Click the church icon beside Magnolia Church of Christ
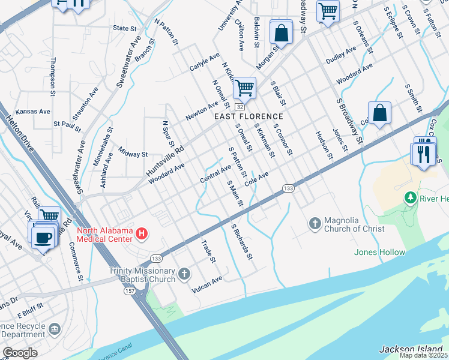tap(315, 224)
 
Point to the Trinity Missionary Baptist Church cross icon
tap(184, 274)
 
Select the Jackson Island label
tap(413, 349)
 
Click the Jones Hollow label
tap(379, 252)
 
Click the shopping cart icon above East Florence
tap(244, 88)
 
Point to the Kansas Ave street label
tap(33, 112)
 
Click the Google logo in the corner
tap(19, 353)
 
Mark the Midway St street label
tap(133, 154)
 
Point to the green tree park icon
tap(411, 197)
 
